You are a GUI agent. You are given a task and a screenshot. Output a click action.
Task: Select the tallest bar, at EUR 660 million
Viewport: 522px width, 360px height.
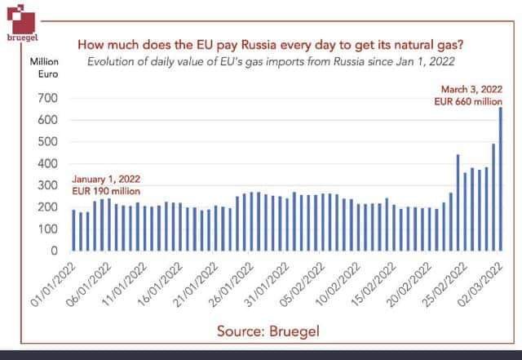pos(501,180)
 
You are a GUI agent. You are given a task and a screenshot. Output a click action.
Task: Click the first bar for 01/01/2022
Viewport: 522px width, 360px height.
pos(73,230)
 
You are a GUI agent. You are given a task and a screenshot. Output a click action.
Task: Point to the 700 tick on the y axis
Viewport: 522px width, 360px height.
pos(50,99)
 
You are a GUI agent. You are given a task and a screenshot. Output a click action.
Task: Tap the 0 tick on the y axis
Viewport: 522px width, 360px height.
pos(57,251)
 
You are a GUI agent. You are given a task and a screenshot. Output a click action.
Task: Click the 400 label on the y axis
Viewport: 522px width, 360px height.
pos(50,164)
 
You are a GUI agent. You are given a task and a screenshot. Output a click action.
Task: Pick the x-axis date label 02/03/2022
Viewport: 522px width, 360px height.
pos(481,282)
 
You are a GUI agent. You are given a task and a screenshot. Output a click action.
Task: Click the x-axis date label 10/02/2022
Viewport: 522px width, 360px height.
pos(339,282)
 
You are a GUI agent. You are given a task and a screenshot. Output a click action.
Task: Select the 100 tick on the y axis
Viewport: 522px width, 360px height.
pos(50,229)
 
